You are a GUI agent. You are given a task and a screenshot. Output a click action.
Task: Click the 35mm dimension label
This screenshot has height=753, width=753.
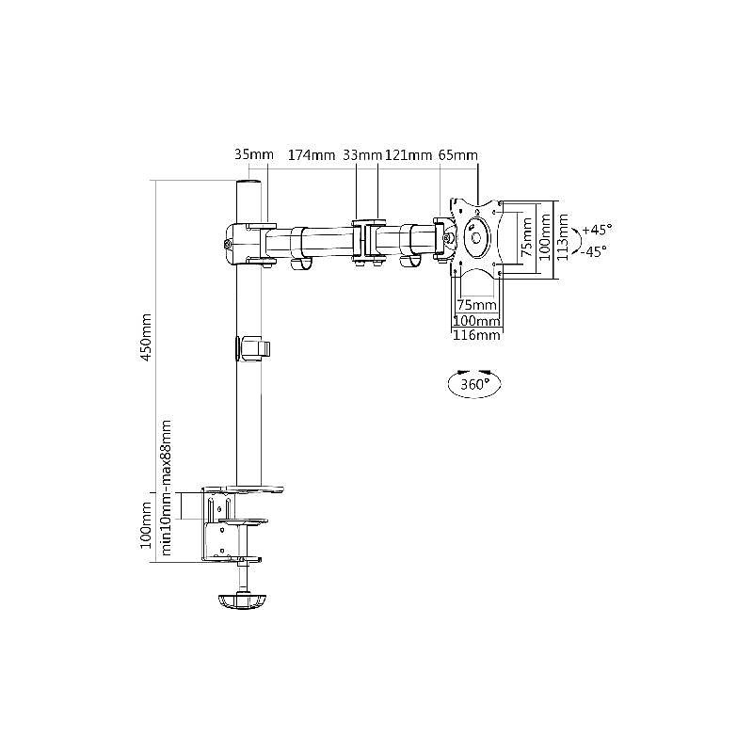pos(253,154)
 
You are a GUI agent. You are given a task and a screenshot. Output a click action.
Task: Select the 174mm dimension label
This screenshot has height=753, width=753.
pos(312,154)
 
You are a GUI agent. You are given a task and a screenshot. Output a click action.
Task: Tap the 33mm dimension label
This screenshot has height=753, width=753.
pos(362,154)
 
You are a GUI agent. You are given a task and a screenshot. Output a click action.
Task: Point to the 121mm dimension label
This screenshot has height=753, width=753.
pos(408,154)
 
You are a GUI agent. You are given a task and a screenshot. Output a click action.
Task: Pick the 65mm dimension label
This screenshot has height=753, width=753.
pos(458,154)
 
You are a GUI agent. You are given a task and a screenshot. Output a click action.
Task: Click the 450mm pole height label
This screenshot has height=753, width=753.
pos(146,337)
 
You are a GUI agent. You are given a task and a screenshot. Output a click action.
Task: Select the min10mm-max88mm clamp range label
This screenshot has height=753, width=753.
pos(167,488)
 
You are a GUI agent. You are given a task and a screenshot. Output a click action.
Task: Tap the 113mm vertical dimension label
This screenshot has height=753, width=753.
pos(563,237)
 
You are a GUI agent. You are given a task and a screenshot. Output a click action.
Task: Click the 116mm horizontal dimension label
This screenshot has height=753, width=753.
pos(476,335)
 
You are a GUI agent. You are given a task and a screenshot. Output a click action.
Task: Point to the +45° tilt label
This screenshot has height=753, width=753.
pos(597,229)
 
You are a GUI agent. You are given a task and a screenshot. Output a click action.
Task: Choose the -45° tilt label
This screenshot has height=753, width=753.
pos(594,251)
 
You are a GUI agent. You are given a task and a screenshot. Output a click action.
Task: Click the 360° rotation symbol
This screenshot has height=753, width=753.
pos(474,384)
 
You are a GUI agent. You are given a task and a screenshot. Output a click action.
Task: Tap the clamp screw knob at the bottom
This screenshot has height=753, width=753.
pos(242,601)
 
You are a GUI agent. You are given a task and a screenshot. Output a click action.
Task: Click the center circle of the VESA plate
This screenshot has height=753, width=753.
pos(476,238)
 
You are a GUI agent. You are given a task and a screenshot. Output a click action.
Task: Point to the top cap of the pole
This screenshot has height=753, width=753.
pos(248,184)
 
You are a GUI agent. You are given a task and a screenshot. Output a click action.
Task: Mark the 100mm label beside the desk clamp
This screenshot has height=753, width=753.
pos(146,525)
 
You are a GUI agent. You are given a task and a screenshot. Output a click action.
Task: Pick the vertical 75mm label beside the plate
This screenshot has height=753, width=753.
pos(527,237)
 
